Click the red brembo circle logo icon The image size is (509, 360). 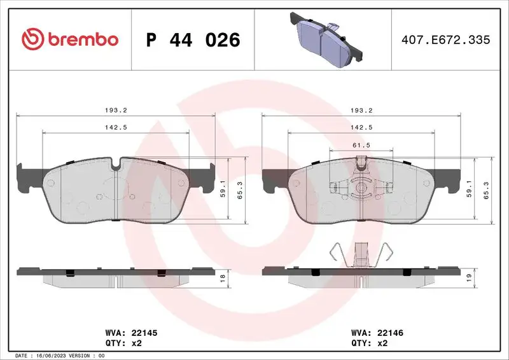(x=32, y=39)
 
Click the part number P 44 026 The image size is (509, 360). (x=193, y=40)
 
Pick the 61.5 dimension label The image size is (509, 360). (x=361, y=145)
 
